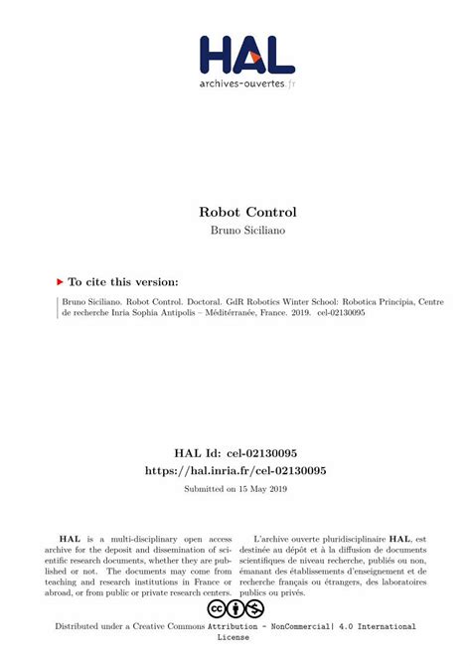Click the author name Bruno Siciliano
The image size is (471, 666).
pyautogui.click(x=235, y=231)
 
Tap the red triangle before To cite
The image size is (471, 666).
pyautogui.click(x=60, y=282)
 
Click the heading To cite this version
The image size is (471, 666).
pyautogui.click(x=123, y=282)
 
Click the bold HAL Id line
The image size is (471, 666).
pyautogui.click(x=235, y=452)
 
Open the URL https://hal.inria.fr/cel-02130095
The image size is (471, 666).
pyautogui.click(x=235, y=470)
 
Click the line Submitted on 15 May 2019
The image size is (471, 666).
pyautogui.click(x=235, y=489)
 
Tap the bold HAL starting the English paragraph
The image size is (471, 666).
pyautogui.click(x=70, y=538)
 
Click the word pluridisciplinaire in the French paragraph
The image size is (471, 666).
pyautogui.click(x=347, y=538)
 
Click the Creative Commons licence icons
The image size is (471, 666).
pyautogui.click(x=235, y=608)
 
